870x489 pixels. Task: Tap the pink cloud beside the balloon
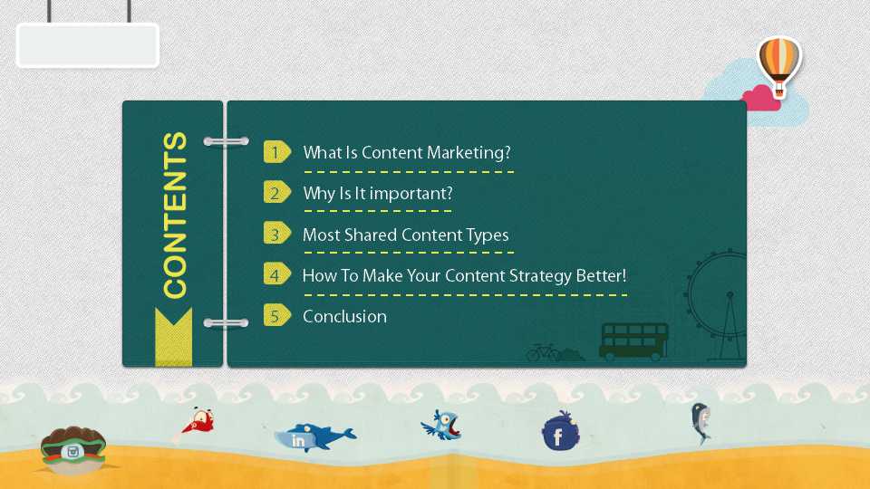(761, 99)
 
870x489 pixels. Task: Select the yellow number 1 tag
(277, 152)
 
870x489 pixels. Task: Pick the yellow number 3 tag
(277, 234)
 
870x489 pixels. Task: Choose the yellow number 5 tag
(277, 315)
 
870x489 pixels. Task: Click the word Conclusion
(344, 317)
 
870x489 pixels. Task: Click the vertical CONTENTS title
(174, 216)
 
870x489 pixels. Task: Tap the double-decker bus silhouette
(633, 341)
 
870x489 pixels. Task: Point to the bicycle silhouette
(543, 352)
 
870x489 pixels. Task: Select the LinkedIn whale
(314, 437)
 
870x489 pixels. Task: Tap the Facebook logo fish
(560, 431)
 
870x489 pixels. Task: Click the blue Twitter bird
(441, 426)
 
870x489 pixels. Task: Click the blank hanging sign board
(88, 45)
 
